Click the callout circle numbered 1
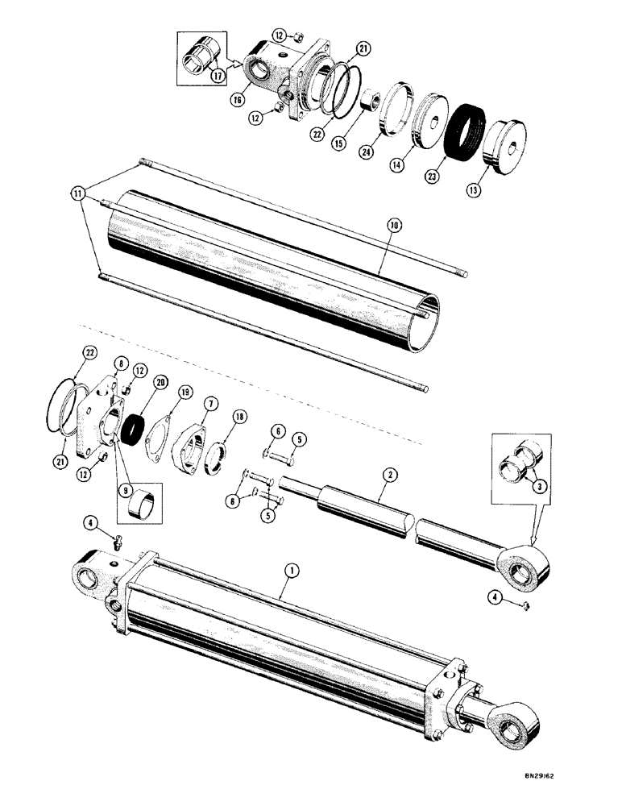click(x=292, y=570)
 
